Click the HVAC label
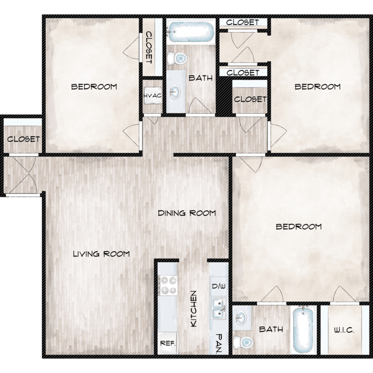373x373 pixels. tap(152, 96)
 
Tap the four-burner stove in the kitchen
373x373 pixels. tap(169, 285)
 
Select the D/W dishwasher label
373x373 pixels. tap(219, 286)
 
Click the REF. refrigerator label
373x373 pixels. tap(168, 343)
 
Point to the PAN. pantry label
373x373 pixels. tap(219, 343)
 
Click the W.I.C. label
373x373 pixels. tap(344, 330)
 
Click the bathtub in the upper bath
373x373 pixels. tap(190, 32)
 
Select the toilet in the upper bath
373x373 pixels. tap(177, 58)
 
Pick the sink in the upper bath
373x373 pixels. tap(175, 92)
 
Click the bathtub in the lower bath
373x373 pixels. tap(303, 330)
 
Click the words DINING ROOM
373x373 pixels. tap(186, 213)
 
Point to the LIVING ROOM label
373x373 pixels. tap(101, 254)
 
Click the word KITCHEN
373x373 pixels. tap(194, 308)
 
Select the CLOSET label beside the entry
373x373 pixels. tap(23, 139)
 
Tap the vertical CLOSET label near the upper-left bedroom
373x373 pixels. tap(149, 47)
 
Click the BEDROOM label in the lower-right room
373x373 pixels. tap(298, 226)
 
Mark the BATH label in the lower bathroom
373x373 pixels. tap(271, 329)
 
